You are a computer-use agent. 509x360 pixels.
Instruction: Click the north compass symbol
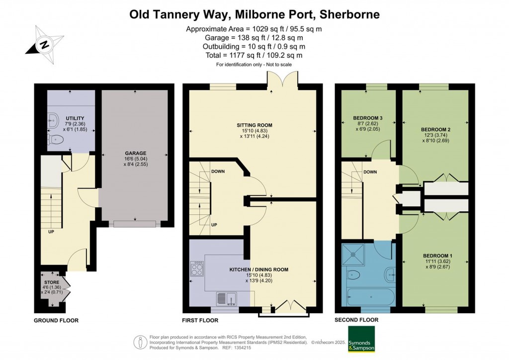click(44, 45)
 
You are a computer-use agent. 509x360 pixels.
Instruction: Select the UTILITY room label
click(68, 118)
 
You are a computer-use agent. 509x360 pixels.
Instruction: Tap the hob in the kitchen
click(197, 269)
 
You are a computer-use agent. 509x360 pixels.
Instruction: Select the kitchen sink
click(227, 298)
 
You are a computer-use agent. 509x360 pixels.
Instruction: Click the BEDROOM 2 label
click(436, 129)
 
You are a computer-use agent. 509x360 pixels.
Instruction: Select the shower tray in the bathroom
click(358, 253)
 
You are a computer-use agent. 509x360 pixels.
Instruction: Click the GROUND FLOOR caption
click(56, 320)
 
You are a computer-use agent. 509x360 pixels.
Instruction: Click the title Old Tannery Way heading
click(254, 14)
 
